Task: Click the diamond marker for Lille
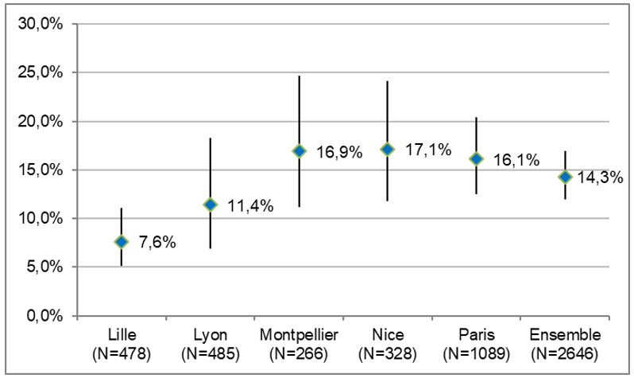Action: pos(121,241)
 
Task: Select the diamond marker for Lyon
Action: pos(210,205)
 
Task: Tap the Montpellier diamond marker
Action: pos(299,150)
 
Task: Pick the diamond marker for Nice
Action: pos(387,149)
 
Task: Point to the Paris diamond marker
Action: pos(476,158)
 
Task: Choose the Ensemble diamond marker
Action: pos(565,177)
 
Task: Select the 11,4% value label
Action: pos(248,206)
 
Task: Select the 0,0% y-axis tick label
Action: pos(44,316)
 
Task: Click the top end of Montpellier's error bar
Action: pos(299,76)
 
